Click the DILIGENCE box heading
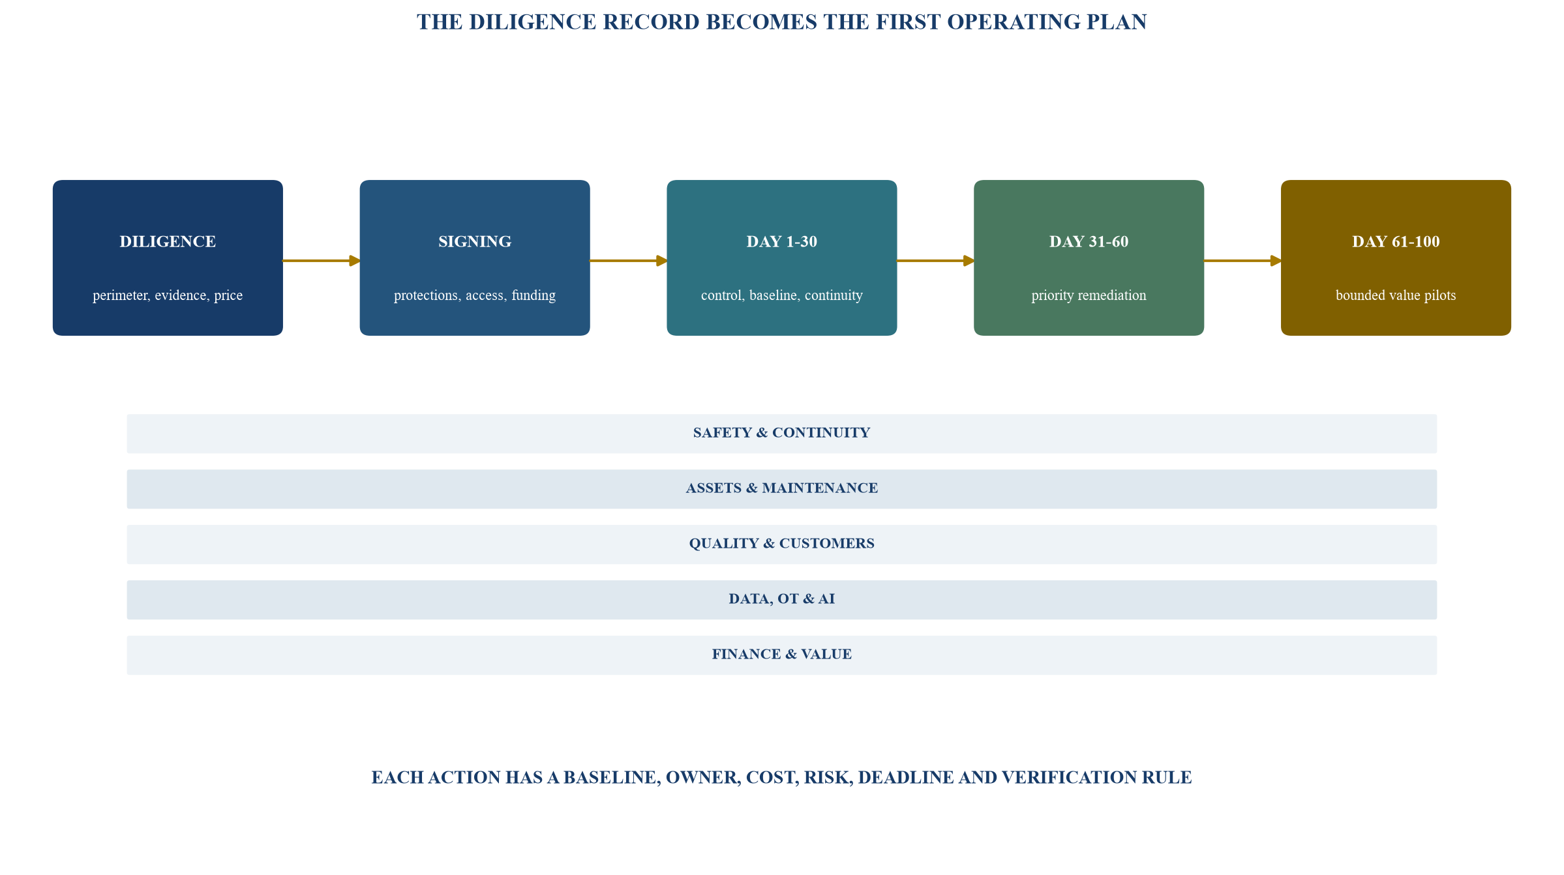tap(168, 242)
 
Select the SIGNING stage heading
tap(475, 242)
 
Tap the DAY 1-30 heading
tap(781, 242)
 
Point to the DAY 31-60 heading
tap(1089, 242)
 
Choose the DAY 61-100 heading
tap(1396, 242)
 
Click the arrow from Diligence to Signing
tap(322, 261)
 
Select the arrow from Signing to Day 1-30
tap(629, 261)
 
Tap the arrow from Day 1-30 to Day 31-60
tap(935, 261)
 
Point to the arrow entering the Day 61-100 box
tap(1242, 261)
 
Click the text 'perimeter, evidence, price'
tap(168, 295)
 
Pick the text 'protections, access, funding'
tap(475, 295)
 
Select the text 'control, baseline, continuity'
tap(781, 295)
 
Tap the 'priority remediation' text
tap(1089, 295)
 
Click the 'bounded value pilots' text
tap(1396, 295)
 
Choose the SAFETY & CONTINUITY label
tap(781, 433)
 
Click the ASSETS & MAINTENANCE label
tap(781, 488)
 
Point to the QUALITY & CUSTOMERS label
tap(781, 544)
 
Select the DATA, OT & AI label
tap(781, 599)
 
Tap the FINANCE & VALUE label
tap(781, 655)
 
